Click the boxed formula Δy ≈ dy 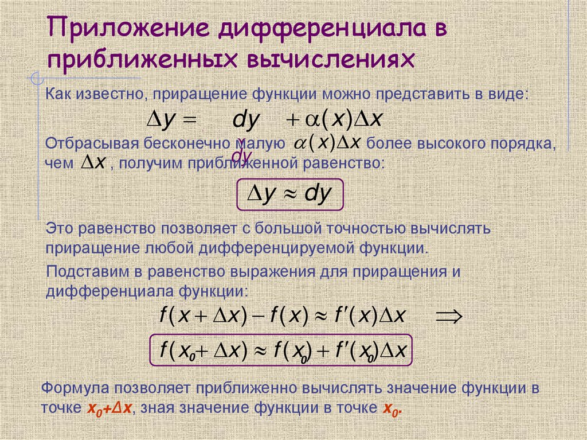[289, 195]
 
